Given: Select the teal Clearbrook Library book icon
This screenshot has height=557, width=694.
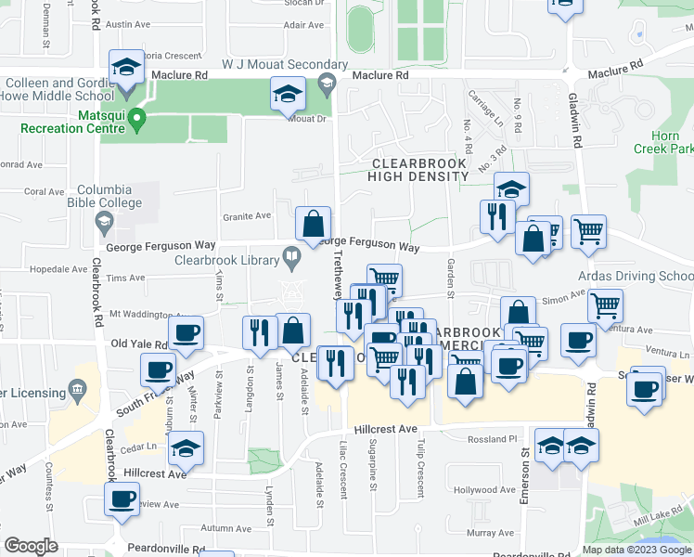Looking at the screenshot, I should pos(292,256).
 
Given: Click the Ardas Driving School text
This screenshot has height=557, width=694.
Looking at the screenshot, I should pos(635,277).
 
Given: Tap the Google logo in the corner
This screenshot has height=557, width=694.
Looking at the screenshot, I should pos(31,546).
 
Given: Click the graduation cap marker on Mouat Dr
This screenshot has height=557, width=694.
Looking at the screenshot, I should pos(288,96).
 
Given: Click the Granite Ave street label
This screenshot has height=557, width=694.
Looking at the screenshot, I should pos(246,216).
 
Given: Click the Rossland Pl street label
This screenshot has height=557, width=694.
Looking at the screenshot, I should pos(492,439).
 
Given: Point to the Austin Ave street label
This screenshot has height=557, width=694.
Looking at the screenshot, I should pos(129,26).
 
